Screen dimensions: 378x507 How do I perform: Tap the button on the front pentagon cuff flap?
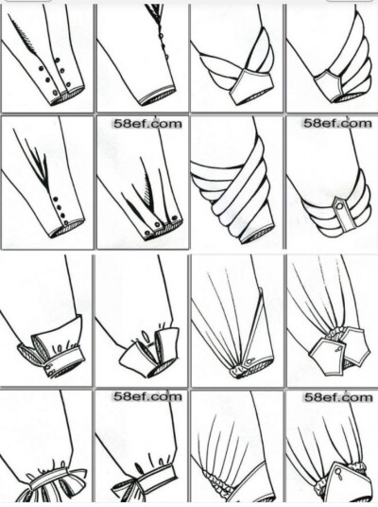click(339, 348)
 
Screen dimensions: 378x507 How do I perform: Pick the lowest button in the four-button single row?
click(66, 222)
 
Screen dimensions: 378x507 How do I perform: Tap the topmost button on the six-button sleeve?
click(58, 60)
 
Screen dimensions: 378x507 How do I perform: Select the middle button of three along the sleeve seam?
click(162, 45)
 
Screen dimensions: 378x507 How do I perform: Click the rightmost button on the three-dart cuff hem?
click(175, 218)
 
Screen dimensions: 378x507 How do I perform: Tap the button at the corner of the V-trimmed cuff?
click(249, 360)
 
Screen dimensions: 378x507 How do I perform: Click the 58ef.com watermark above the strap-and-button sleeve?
click(337, 123)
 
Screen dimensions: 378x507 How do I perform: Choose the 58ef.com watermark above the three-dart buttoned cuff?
click(147, 124)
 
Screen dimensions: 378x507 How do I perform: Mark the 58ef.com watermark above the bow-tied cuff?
click(147, 396)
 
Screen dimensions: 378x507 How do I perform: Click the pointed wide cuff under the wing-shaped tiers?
click(251, 88)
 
